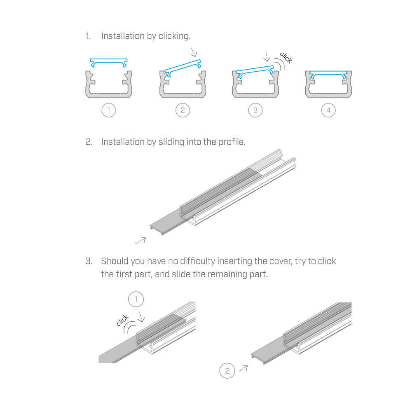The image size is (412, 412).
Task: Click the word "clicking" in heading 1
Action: pyautogui.click(x=174, y=36)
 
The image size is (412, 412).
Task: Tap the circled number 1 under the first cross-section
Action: pyautogui.click(x=109, y=110)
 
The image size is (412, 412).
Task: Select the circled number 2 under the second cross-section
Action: pyautogui.click(x=183, y=110)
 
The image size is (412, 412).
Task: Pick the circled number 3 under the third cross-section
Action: pyautogui.click(x=255, y=110)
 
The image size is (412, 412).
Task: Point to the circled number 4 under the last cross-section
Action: pyautogui.click(x=328, y=110)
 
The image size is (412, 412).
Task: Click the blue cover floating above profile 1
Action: pyautogui.click(x=109, y=60)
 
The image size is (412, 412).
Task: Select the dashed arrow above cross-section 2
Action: pyautogui.click(x=194, y=52)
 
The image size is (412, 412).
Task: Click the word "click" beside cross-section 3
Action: pyautogui.click(x=286, y=58)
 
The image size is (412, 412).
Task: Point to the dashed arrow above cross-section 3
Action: pyautogui.click(x=267, y=56)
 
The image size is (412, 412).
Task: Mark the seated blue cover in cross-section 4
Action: pyautogui.click(x=328, y=73)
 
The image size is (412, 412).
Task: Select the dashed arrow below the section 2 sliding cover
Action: pyautogui.click(x=140, y=241)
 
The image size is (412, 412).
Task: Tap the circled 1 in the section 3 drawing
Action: pyautogui.click(x=136, y=299)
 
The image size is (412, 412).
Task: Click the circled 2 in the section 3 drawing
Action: pyautogui.click(x=227, y=371)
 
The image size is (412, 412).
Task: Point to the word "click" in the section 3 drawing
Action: pyautogui.click(x=122, y=320)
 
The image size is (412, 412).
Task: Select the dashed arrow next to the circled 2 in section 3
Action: pyautogui.click(x=243, y=368)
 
